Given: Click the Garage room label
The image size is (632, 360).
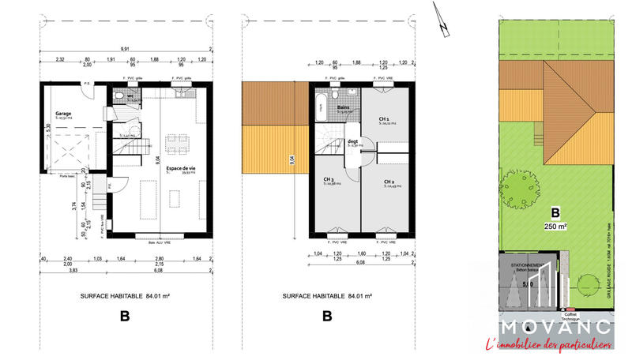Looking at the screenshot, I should click(63, 114).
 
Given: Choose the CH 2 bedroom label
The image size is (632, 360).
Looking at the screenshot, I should click(389, 182).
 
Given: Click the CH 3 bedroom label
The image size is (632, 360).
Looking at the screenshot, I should click(329, 179).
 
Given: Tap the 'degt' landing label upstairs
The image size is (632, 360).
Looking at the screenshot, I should click(353, 141).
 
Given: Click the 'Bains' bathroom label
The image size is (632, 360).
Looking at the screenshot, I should click(344, 107).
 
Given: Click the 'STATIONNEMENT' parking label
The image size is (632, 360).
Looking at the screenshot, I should click(525, 265).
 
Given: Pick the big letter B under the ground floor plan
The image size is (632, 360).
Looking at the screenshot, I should click(124, 317).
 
